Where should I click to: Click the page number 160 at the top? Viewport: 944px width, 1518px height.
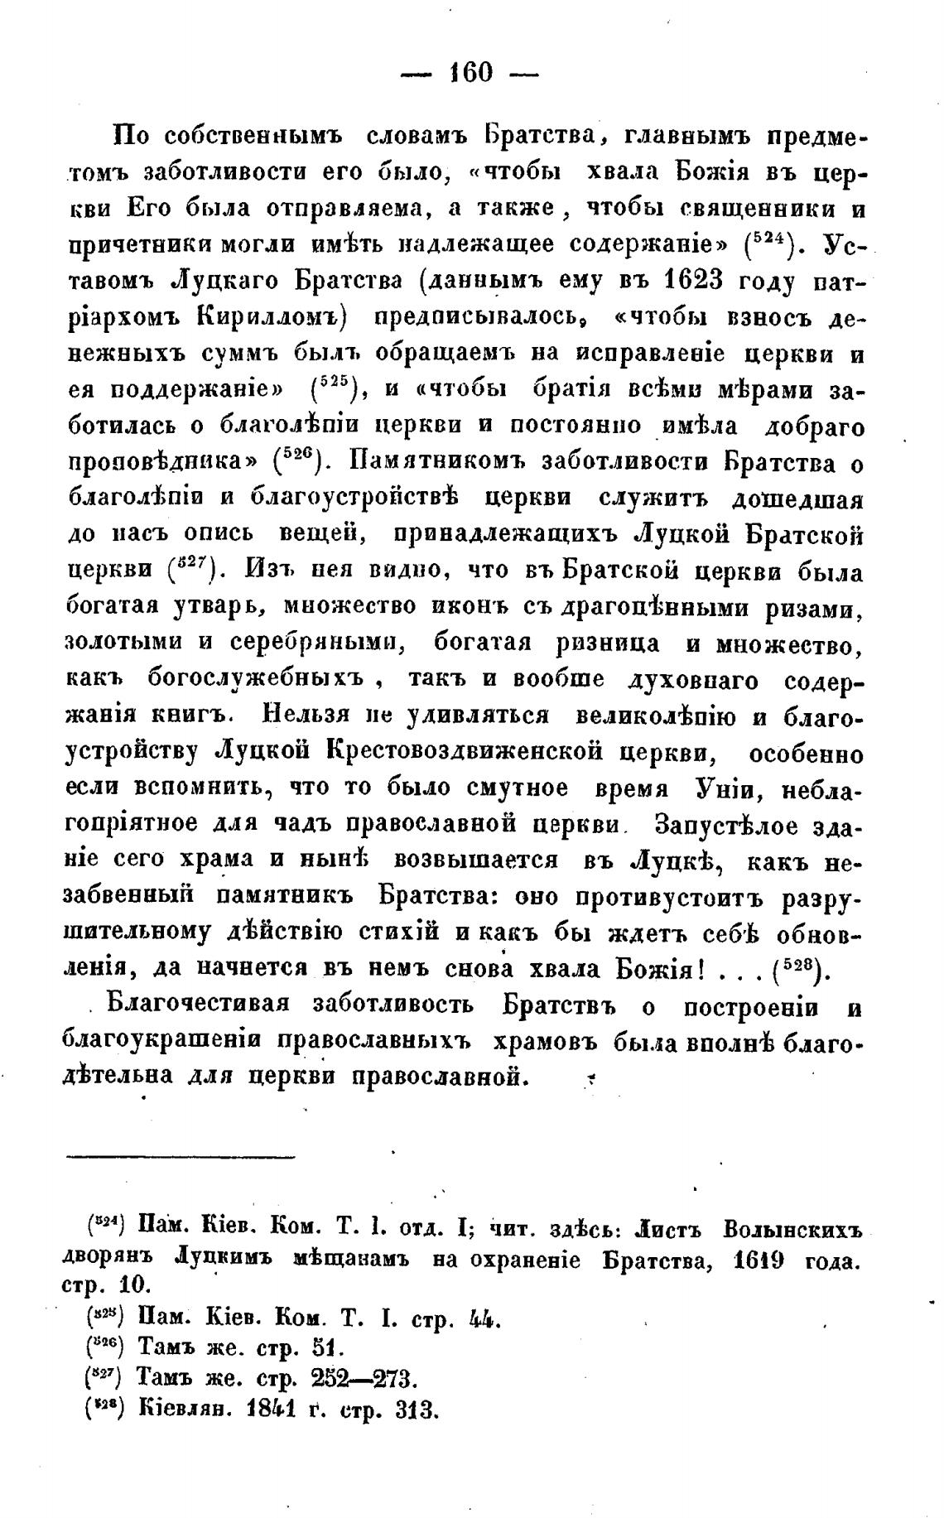470,73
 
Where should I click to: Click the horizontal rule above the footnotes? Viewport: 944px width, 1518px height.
180,1157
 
